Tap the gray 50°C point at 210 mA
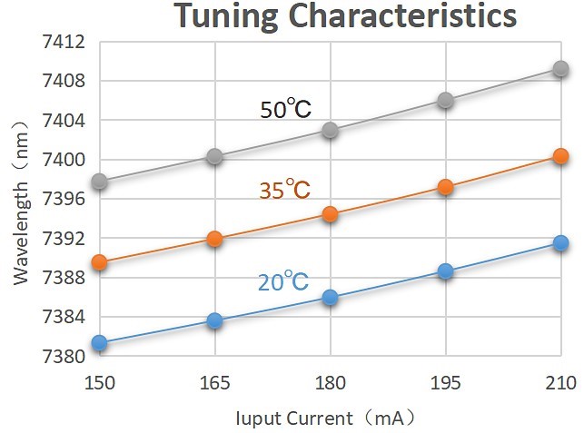tap(560, 70)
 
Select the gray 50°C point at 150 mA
tap(100, 182)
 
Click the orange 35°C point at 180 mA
tap(331, 214)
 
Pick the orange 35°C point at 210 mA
tap(560, 157)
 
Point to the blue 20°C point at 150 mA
tap(100, 343)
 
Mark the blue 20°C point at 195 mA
tap(445, 271)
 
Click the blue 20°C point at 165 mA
tap(215, 320)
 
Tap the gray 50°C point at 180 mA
tap(331, 130)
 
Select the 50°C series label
tap(285, 110)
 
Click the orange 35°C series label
tap(283, 190)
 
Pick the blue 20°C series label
tap(283, 282)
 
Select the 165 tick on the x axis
tap(215, 384)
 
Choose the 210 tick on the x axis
tap(560, 384)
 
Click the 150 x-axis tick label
tap(100, 384)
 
